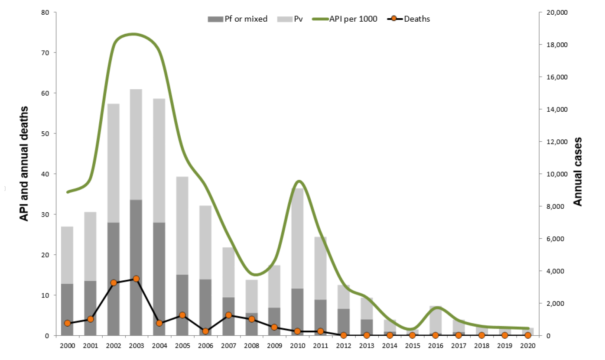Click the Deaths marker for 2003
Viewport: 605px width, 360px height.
pyautogui.click(x=136, y=279)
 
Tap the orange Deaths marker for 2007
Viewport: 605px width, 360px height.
pyautogui.click(x=228, y=315)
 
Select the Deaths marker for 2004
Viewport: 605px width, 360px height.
pyautogui.click(x=159, y=323)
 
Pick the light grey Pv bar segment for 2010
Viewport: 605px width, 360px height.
pyautogui.click(x=297, y=238)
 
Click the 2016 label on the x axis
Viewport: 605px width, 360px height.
pyautogui.click(x=436, y=346)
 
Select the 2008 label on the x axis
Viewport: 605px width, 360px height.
pyautogui.click(x=251, y=346)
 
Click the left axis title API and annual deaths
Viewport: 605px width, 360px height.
pyautogui.click(x=25, y=163)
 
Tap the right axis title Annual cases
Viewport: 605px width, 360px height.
pyautogui.click(x=577, y=172)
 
